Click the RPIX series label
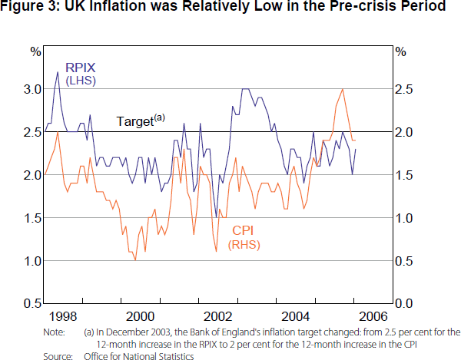click(79, 67)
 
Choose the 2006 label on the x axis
click(373, 316)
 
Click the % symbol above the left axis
click(35, 51)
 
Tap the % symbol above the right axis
click(400, 51)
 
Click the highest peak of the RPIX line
click(58, 72)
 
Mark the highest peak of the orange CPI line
click(342, 89)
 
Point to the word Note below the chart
click(54, 332)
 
